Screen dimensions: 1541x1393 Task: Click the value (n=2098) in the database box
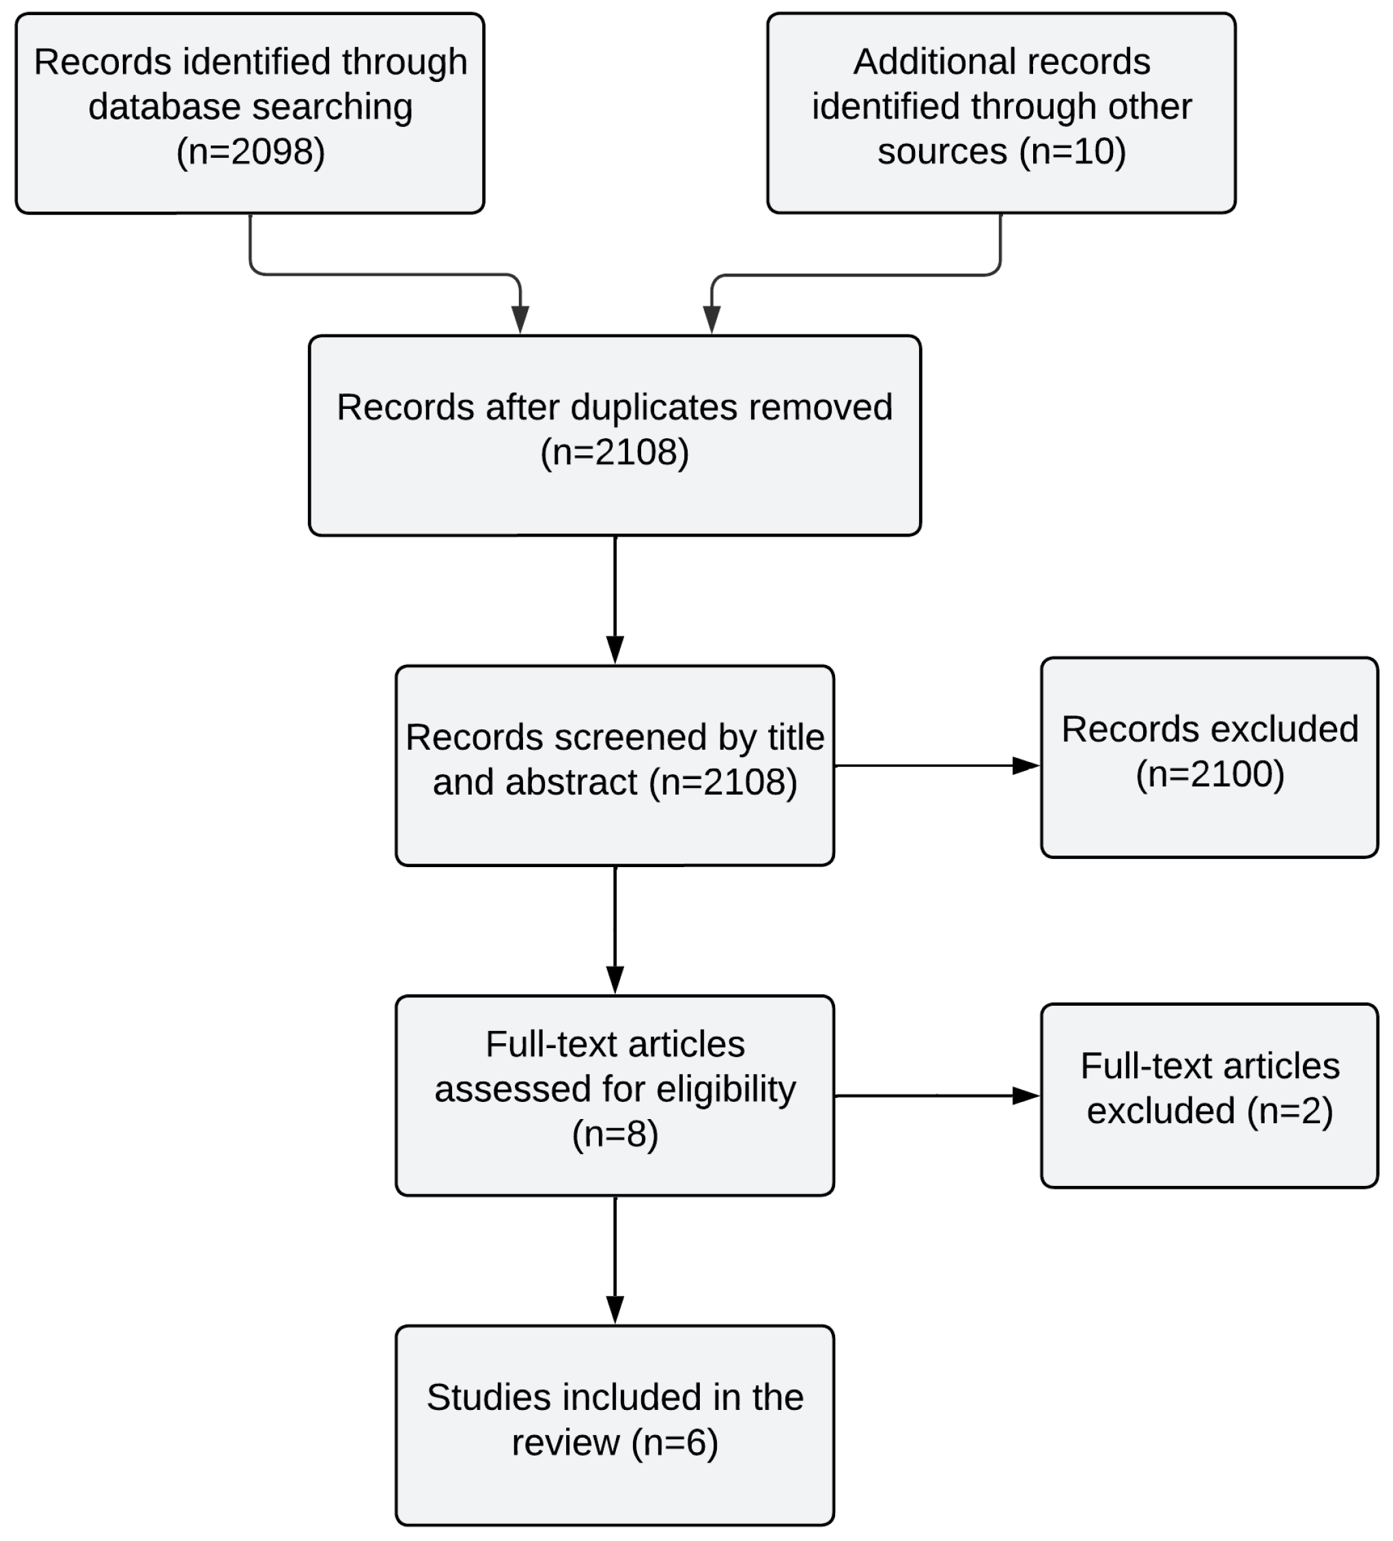[x=250, y=152]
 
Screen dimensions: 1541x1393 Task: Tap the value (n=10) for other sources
[x=1072, y=152]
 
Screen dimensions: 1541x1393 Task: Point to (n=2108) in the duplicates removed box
[x=615, y=453]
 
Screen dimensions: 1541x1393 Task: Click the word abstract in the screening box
[x=535, y=782]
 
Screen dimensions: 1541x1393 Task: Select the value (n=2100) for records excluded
[x=1209, y=774]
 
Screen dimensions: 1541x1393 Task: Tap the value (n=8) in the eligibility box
[x=615, y=1133]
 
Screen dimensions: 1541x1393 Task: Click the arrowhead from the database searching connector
[x=520, y=320]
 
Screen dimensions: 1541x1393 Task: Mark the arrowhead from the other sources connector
[x=712, y=320]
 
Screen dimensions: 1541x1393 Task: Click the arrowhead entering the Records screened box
[x=615, y=649]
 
